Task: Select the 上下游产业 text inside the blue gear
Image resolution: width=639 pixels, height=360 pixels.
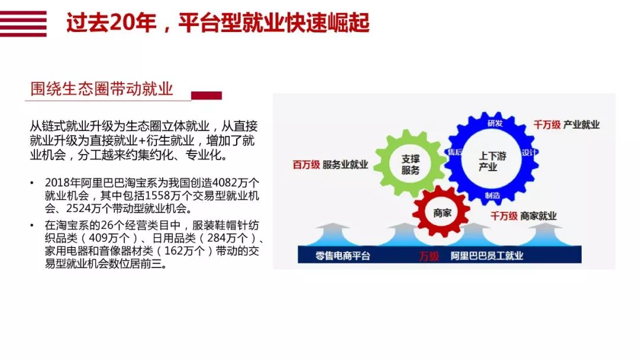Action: click(x=492, y=162)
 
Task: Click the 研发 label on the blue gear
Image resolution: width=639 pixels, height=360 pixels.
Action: click(x=495, y=123)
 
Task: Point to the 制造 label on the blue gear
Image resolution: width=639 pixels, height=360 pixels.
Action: click(x=492, y=195)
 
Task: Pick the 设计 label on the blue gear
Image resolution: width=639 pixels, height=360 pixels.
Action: click(x=530, y=153)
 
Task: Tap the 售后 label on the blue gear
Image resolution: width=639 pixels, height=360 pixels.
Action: click(x=455, y=152)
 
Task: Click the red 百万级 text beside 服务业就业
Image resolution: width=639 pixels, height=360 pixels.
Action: click(x=306, y=165)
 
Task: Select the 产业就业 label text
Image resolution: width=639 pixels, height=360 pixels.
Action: click(x=581, y=125)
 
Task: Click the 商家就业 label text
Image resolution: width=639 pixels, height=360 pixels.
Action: click(x=538, y=216)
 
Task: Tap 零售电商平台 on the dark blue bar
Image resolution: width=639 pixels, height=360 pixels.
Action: click(x=343, y=256)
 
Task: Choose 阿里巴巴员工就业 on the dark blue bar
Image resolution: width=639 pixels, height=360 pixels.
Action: click(x=486, y=256)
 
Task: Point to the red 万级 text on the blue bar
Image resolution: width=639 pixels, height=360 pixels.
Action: click(x=429, y=256)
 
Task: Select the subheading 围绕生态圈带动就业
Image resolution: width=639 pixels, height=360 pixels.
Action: click(x=102, y=89)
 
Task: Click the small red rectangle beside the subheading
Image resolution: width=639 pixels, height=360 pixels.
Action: click(x=206, y=95)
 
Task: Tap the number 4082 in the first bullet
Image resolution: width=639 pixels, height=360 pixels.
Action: click(x=225, y=182)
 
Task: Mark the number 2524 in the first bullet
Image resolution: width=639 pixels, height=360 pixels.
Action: click(x=78, y=208)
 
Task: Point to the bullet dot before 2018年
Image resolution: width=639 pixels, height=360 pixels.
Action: click(x=32, y=182)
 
